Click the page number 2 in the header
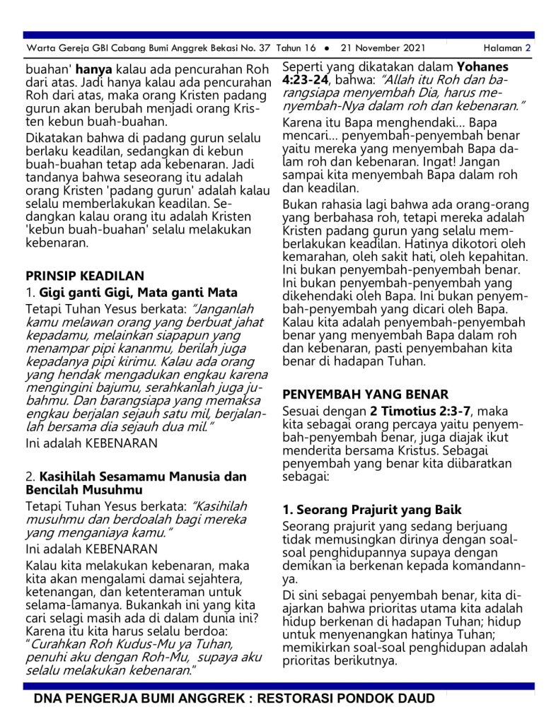528,48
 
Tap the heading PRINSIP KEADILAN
85,276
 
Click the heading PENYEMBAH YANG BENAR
365,394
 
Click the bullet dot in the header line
326,49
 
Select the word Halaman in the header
503,48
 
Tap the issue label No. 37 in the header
244,48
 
